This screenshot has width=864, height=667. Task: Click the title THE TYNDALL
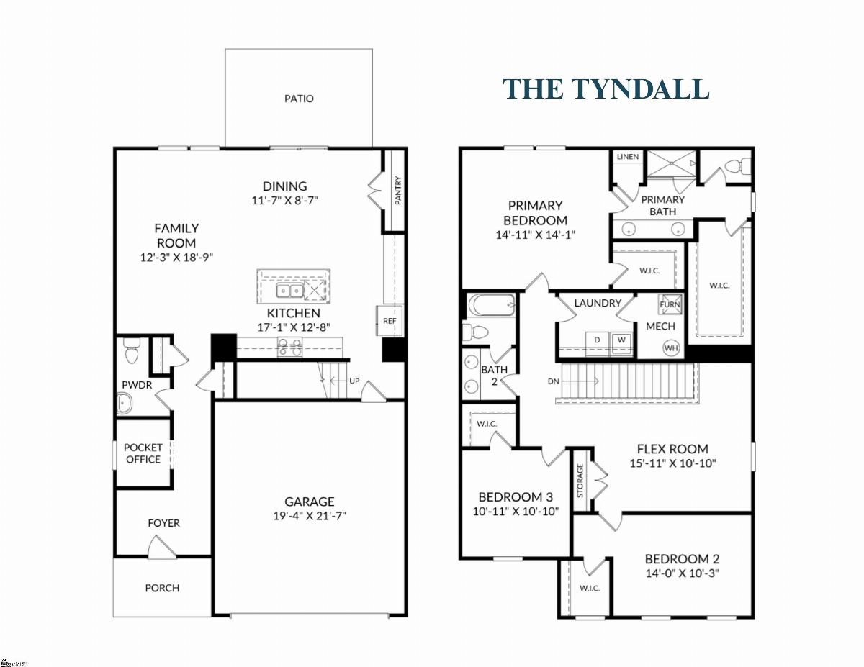click(606, 89)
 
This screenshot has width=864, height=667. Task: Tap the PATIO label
click(299, 99)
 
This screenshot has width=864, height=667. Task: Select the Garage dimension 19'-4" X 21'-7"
click(310, 516)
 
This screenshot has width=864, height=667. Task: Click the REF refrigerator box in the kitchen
click(390, 321)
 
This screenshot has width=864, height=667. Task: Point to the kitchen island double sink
click(290, 291)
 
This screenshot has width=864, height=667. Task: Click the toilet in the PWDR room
click(131, 350)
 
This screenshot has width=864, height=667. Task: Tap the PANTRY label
click(398, 191)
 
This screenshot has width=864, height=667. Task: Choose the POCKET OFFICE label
click(143, 453)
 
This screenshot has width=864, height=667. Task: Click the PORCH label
click(162, 588)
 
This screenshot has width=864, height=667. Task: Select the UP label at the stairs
click(354, 381)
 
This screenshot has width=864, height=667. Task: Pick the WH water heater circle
click(671, 348)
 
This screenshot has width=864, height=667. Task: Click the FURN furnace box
click(670, 304)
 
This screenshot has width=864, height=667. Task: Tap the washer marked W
click(622, 340)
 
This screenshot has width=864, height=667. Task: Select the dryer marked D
click(597, 340)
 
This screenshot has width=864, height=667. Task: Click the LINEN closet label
click(628, 157)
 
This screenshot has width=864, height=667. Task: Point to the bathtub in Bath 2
click(492, 305)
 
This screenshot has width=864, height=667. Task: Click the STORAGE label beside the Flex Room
click(580, 481)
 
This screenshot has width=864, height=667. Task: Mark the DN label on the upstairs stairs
click(554, 381)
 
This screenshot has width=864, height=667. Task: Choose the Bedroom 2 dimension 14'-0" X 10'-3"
click(683, 573)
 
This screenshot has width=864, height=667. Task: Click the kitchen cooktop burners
click(289, 347)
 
